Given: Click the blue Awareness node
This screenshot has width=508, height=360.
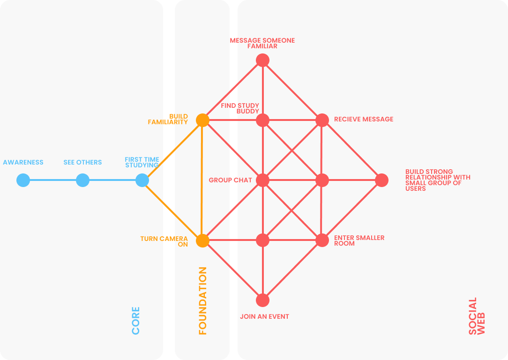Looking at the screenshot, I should click(23, 180).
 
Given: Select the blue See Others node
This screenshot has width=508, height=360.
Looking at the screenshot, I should click(82, 180).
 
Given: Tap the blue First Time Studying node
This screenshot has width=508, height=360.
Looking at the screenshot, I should click(142, 180).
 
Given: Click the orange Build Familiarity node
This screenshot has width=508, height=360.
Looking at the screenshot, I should click(202, 120).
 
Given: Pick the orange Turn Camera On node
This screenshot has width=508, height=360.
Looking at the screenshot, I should click(202, 240).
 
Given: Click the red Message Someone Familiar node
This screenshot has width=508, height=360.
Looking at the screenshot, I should click(262, 60).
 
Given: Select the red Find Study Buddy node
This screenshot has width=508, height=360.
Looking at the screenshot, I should click(262, 120).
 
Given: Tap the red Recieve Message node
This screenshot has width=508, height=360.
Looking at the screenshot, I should click(322, 120).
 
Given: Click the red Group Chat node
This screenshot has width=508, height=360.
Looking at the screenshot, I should click(262, 180).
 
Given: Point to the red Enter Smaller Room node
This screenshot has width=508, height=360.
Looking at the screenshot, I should click(322, 240).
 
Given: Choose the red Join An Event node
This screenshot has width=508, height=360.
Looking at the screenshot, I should click(262, 300).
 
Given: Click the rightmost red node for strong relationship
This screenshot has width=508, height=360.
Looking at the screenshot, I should click(382, 180).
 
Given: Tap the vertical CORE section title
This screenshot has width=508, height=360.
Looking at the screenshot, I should click(136, 321).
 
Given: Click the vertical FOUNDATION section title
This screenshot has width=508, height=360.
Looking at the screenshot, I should click(202, 301).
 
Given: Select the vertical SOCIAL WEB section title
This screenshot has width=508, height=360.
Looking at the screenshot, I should click(477, 316).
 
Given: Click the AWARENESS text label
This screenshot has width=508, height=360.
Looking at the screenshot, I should click(23, 163).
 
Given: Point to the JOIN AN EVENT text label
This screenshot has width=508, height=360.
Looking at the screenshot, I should click(264, 317).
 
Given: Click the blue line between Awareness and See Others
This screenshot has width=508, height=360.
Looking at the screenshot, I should click(52, 180).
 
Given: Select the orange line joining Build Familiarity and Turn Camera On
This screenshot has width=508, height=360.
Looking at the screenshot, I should click(202, 180).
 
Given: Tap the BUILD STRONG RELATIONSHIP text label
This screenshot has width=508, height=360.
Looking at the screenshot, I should click(438, 180).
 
